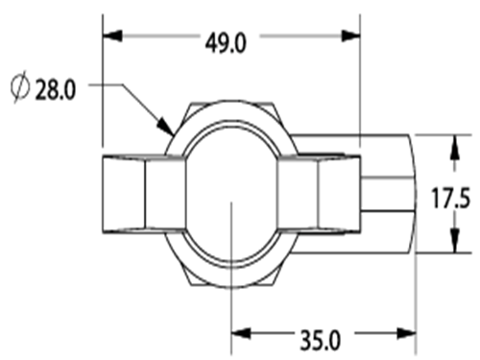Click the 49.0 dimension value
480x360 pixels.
pos(226,43)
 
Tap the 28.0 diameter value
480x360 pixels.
pos(56,90)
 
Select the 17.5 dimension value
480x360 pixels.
pos(451,198)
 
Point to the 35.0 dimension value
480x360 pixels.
pos(321,341)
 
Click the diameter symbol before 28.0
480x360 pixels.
pos(20,86)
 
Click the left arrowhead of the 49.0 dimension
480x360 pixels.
pos(112,36)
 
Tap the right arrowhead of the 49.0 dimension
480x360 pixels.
pos(351,36)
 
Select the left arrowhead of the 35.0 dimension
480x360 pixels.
pos(241,333)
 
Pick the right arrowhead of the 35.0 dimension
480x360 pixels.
pos(406,333)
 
